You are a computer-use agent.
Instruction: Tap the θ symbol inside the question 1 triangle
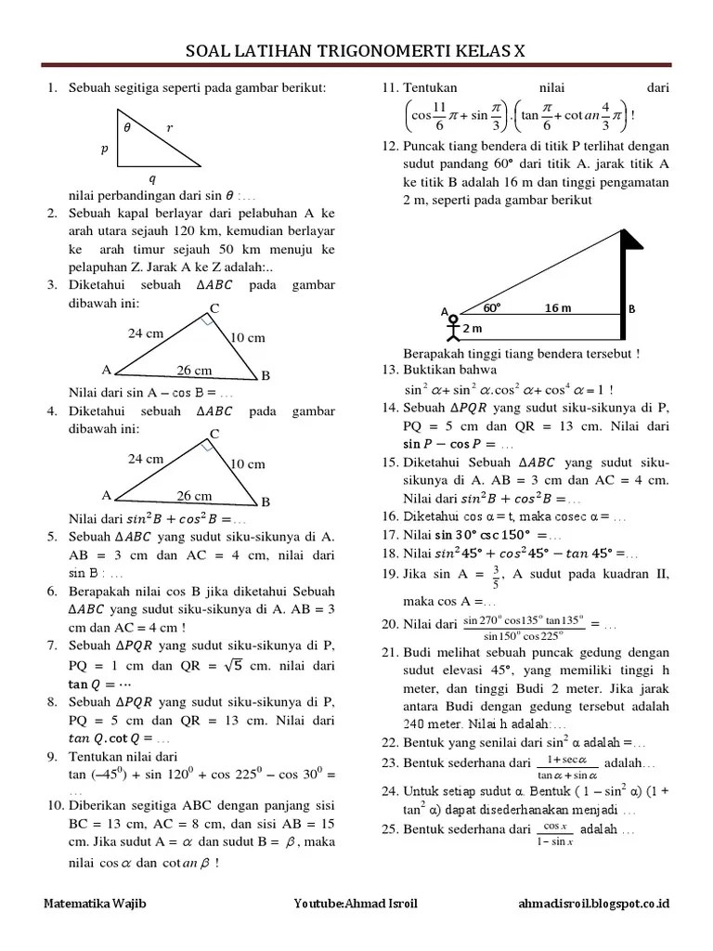(x=127, y=129)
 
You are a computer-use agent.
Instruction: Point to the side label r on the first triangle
(x=169, y=128)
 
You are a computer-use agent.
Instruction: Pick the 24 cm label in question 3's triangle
(x=146, y=332)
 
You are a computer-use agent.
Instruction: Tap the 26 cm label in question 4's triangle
(x=195, y=496)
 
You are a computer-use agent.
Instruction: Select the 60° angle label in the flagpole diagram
(x=491, y=307)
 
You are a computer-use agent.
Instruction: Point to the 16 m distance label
(x=558, y=307)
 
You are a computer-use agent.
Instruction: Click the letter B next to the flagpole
(x=632, y=309)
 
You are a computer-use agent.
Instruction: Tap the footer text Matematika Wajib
(x=96, y=903)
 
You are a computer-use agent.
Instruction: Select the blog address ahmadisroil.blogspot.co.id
(x=595, y=903)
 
